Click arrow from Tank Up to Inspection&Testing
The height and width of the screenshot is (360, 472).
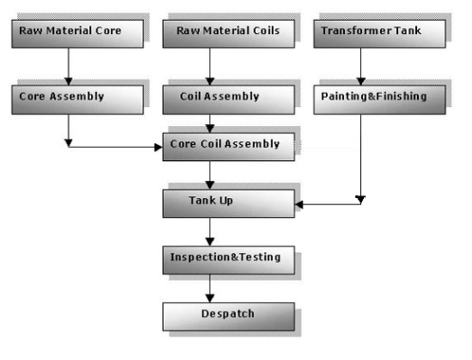pyautogui.click(x=210, y=231)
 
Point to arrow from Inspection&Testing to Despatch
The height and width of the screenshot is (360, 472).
pyautogui.click(x=210, y=288)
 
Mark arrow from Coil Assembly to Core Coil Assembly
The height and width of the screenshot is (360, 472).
pyautogui.click(x=210, y=124)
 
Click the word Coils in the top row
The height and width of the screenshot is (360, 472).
pyautogui.click(x=265, y=31)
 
